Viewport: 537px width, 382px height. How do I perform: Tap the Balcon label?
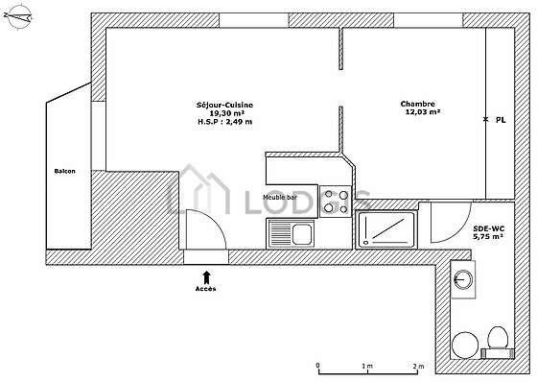tap(65, 171)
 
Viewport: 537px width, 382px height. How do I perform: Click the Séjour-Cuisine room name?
tap(224, 105)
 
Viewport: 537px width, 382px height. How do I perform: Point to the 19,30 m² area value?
tap(226, 113)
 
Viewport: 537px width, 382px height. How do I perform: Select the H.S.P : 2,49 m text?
tap(225, 121)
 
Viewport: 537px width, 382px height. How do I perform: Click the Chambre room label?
tap(418, 104)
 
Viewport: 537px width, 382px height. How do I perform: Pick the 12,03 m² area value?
tap(423, 111)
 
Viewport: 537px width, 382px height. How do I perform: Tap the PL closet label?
tap(501, 120)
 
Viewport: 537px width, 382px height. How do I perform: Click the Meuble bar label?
tap(280, 197)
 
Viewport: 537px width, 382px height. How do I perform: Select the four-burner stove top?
tap(336, 202)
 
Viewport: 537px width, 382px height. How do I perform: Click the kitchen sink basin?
tap(302, 234)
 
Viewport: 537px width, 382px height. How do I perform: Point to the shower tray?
tap(385, 228)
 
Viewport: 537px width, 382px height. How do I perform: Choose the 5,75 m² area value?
tap(488, 236)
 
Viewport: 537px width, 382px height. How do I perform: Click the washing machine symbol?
tap(463, 279)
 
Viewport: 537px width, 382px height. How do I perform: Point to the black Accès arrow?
tap(206, 277)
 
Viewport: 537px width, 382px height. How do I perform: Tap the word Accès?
tap(206, 289)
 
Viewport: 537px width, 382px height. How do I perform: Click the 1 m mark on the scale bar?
tap(367, 367)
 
